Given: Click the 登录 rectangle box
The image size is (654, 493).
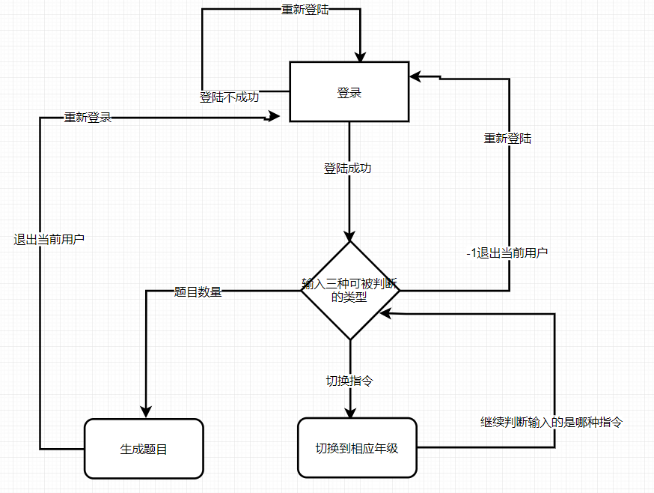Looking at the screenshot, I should (x=349, y=91).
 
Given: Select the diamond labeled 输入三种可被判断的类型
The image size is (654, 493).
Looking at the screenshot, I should (x=349, y=290).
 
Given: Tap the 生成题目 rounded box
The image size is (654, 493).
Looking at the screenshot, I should (x=144, y=449).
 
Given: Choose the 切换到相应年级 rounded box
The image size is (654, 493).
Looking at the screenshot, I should (x=357, y=448).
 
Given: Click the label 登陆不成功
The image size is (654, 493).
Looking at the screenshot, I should (x=229, y=97).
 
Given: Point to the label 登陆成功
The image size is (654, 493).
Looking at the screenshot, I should (x=347, y=169).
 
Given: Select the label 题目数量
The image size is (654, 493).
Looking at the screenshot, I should (x=198, y=292).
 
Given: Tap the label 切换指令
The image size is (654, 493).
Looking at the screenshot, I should (x=349, y=381).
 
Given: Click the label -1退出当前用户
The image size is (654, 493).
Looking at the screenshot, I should (x=507, y=253).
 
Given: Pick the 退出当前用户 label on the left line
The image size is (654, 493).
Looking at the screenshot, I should (x=49, y=240).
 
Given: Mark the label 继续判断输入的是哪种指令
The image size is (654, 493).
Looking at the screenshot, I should (x=551, y=422).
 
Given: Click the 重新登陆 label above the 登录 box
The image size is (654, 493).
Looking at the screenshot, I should (x=302, y=10).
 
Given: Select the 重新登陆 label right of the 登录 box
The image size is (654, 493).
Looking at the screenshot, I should (x=507, y=139).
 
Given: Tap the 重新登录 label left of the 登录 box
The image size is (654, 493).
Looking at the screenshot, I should (x=88, y=118).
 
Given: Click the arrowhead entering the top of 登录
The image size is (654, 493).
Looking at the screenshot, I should (x=360, y=55).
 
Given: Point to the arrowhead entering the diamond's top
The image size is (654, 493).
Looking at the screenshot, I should (x=349, y=234).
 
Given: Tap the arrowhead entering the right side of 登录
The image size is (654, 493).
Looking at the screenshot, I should (x=415, y=76).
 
